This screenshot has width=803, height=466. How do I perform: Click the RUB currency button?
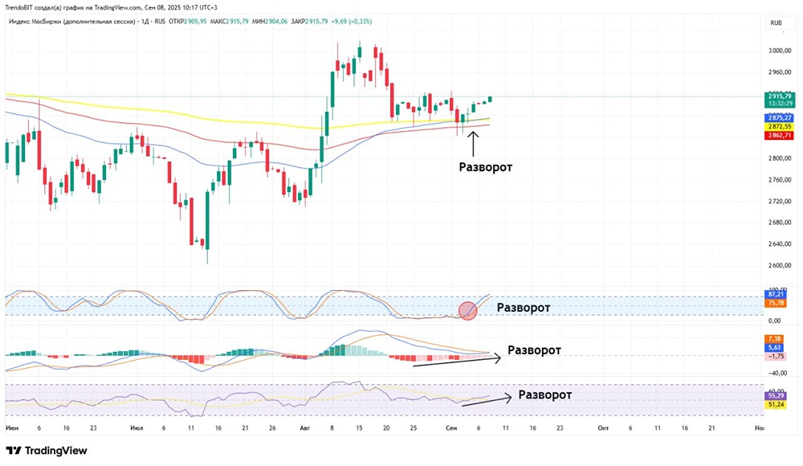776,23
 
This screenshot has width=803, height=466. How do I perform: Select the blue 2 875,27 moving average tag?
777,118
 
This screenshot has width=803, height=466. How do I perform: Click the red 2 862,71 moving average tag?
777,136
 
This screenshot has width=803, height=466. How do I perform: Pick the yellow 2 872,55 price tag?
777,127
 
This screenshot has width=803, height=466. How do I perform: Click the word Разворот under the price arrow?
485,167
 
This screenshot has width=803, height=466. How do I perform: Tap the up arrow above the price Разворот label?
473,143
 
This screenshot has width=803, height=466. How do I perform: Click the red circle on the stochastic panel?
468,310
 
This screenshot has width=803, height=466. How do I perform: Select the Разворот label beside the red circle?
524,308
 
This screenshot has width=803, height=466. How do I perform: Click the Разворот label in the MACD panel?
534,350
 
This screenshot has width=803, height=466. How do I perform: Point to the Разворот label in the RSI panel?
545,394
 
